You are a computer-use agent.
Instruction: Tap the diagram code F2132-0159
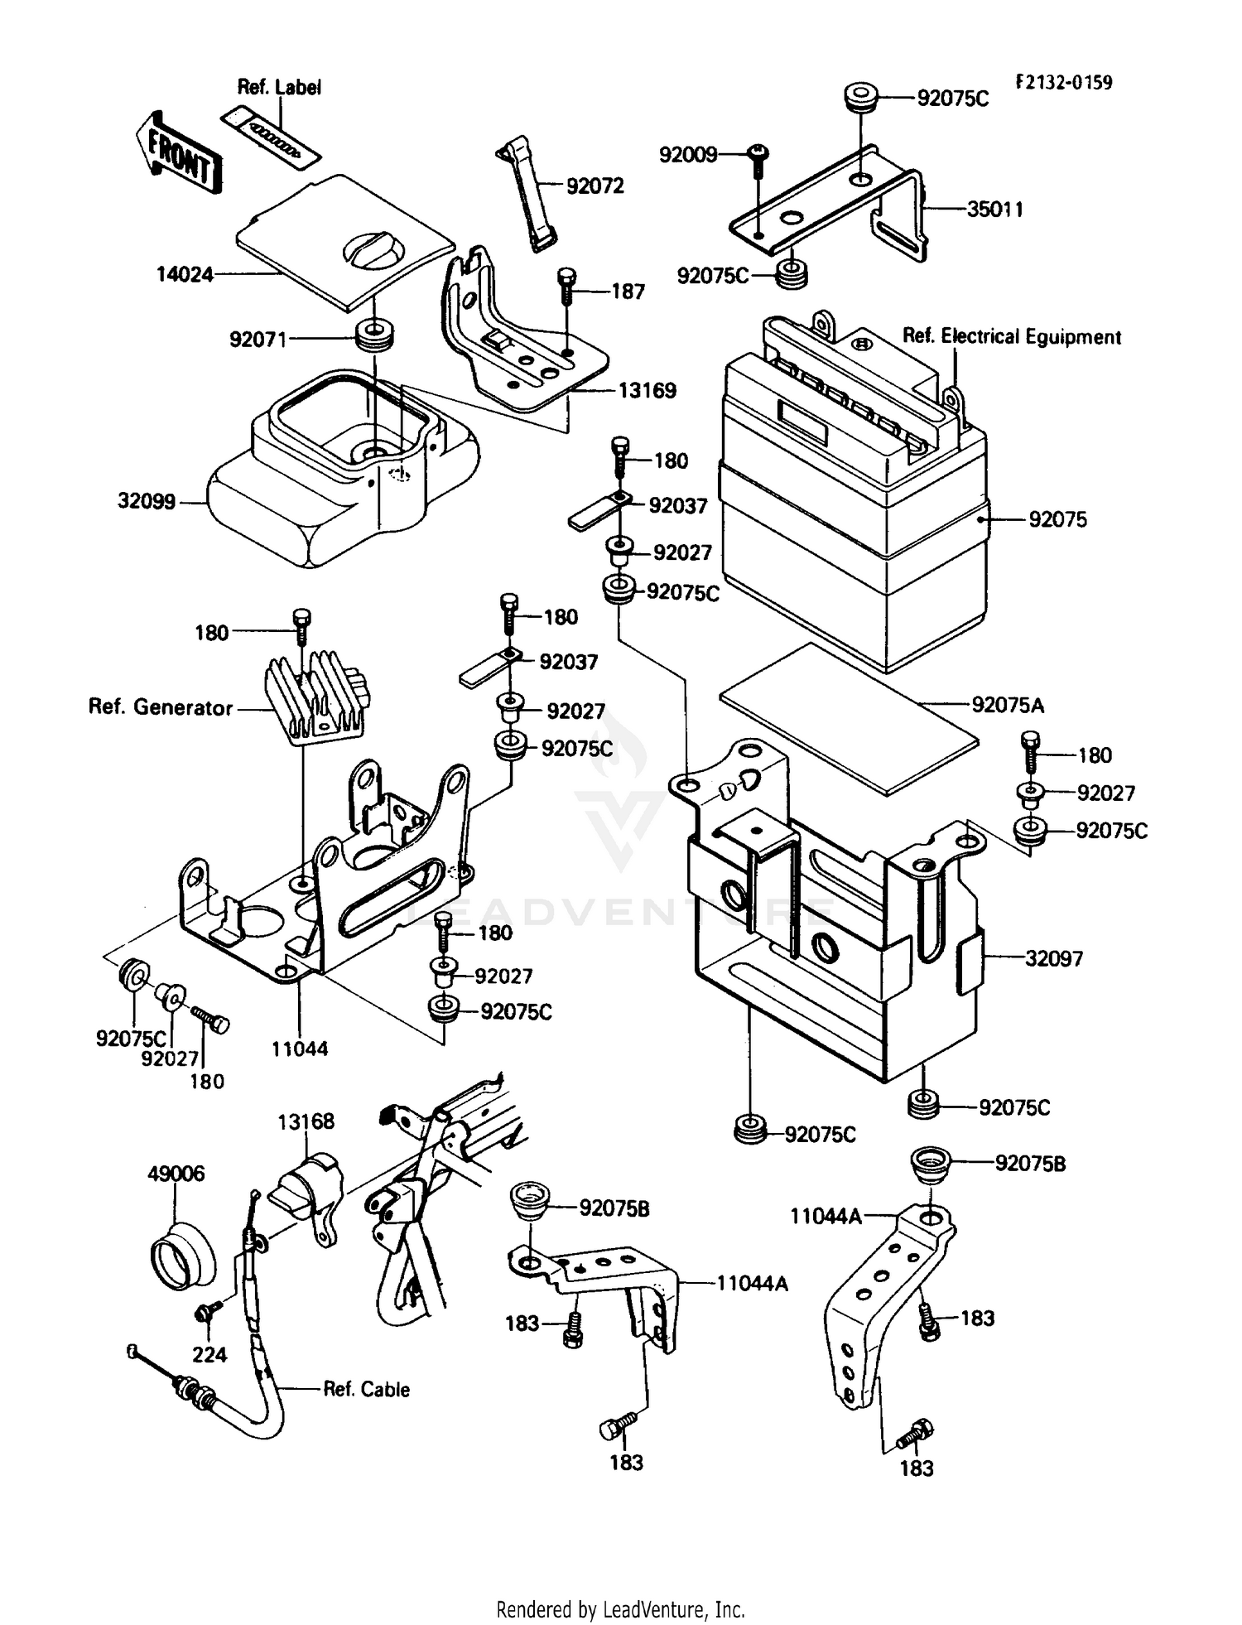pos(1064,83)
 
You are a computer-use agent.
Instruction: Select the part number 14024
pos(185,274)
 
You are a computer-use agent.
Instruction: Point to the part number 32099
pos(147,501)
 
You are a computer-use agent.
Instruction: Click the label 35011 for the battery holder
pos(995,210)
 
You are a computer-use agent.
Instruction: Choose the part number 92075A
pos(1008,705)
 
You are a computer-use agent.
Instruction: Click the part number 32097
pos(1053,958)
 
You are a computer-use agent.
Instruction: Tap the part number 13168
pos(306,1121)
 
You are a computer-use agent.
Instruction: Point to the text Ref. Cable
pos(366,1389)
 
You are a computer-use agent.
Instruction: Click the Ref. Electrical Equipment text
pos(1011,336)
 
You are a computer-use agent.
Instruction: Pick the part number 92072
pos(595,186)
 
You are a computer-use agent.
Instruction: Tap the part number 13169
pos(647,390)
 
